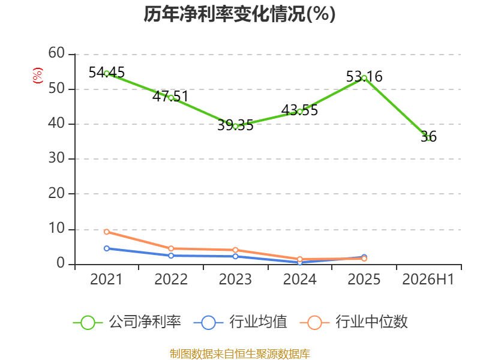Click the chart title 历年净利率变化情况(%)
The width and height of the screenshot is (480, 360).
239,14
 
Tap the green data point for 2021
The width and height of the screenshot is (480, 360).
107,73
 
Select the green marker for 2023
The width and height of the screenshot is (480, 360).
235,126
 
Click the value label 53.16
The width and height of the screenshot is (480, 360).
364,77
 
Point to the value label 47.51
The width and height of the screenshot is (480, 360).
170,97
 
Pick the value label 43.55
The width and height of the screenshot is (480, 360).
299,110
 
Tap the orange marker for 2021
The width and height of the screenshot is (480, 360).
107,232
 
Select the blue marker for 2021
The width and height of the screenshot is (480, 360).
107,248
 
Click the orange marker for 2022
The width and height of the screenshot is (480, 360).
171,248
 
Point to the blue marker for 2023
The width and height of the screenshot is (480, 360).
235,256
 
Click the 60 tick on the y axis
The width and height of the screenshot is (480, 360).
56,53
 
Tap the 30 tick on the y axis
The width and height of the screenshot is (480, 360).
56,158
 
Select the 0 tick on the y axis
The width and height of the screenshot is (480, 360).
61,263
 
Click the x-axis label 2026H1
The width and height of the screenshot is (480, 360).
428,279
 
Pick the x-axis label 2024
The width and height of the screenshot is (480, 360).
299,279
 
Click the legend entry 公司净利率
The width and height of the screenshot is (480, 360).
127,322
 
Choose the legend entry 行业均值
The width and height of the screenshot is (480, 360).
241,322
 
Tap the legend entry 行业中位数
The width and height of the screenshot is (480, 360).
353,322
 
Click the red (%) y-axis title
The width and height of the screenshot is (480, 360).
38,76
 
